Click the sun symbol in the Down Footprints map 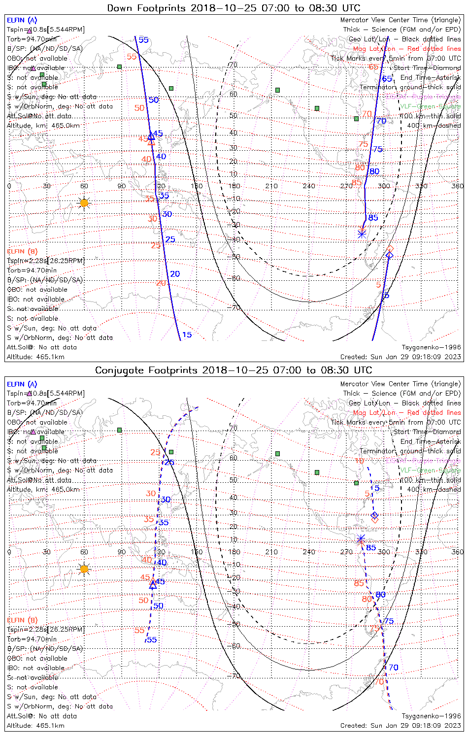click(x=84, y=203)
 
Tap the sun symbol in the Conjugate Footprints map click(x=84, y=569)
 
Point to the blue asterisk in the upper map click(x=362, y=234)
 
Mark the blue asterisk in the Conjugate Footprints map click(x=361, y=538)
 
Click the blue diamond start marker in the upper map click(x=389, y=255)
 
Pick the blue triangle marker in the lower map click(x=153, y=585)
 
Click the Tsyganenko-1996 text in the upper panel click(x=432, y=347)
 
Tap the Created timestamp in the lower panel click(x=401, y=726)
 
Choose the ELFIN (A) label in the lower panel click(x=22, y=384)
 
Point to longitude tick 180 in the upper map click(x=234, y=186)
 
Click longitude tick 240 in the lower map click(x=309, y=552)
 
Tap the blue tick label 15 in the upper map click(x=187, y=335)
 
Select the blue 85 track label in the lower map click(x=371, y=548)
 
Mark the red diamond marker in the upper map click(x=390, y=249)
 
